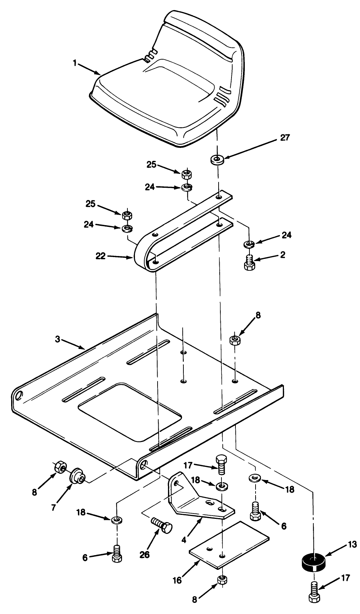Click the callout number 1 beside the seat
[75, 63]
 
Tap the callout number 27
[285, 138]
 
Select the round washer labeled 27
[217, 159]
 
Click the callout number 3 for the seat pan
[57, 339]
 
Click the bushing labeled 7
[76, 476]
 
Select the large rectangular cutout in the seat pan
[130, 411]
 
